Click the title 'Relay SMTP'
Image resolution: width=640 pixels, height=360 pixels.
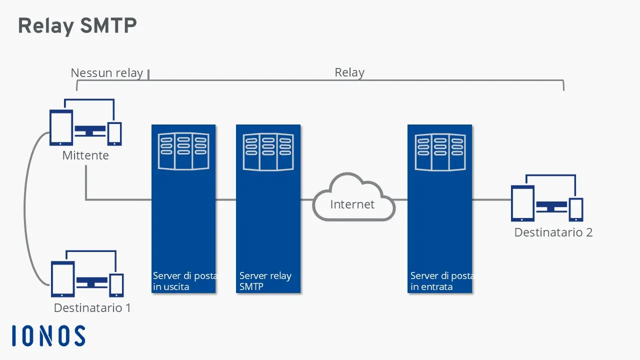click(x=77, y=26)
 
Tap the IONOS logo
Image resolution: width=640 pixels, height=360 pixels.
click(x=48, y=336)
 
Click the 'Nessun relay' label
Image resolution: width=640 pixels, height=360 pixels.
click(x=106, y=73)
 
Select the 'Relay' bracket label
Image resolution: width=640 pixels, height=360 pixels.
click(x=349, y=72)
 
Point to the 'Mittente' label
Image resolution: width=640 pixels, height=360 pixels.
click(x=85, y=155)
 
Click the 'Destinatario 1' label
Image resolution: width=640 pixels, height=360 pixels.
click(x=92, y=307)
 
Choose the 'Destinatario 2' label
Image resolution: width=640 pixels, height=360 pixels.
click(x=553, y=232)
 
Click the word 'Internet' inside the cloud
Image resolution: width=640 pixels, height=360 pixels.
click(x=352, y=204)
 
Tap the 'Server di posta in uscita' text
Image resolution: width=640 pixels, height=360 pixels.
click(x=184, y=281)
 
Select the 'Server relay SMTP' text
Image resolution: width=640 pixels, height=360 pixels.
click(x=265, y=281)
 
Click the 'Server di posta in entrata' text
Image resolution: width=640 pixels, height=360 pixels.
click(x=441, y=281)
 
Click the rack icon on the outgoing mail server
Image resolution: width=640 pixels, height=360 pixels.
click(x=183, y=151)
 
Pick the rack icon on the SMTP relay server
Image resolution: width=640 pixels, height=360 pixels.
click(x=268, y=151)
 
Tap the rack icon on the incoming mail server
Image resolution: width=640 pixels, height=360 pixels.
click(x=440, y=151)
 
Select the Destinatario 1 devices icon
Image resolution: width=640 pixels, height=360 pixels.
click(x=87, y=274)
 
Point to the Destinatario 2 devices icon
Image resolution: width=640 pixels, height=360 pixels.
click(x=547, y=198)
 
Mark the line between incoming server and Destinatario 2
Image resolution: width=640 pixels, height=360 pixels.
click(x=491, y=200)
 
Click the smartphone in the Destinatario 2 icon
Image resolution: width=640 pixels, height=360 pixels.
click(x=576, y=209)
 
